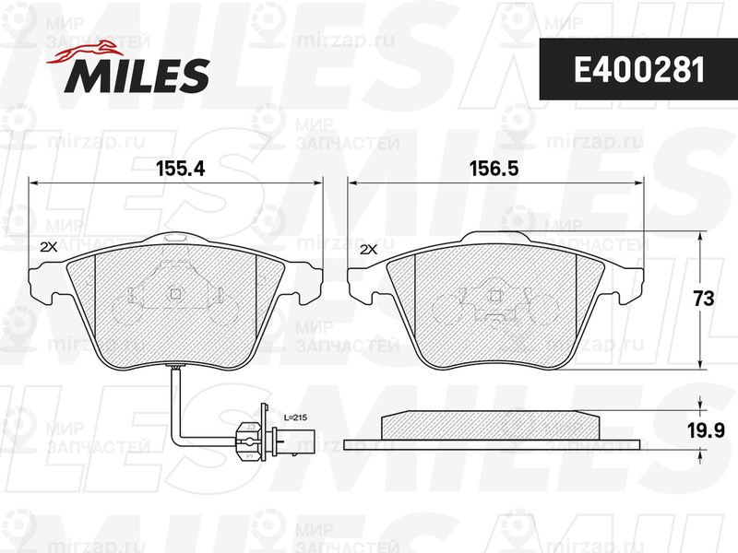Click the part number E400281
[639, 71]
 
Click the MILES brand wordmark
[137, 76]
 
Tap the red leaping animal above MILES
[84, 52]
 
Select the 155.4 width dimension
[181, 169]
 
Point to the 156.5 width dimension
[494, 169]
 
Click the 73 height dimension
[704, 299]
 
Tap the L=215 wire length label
[295, 418]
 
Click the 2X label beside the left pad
[49, 247]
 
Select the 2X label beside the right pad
[368, 251]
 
